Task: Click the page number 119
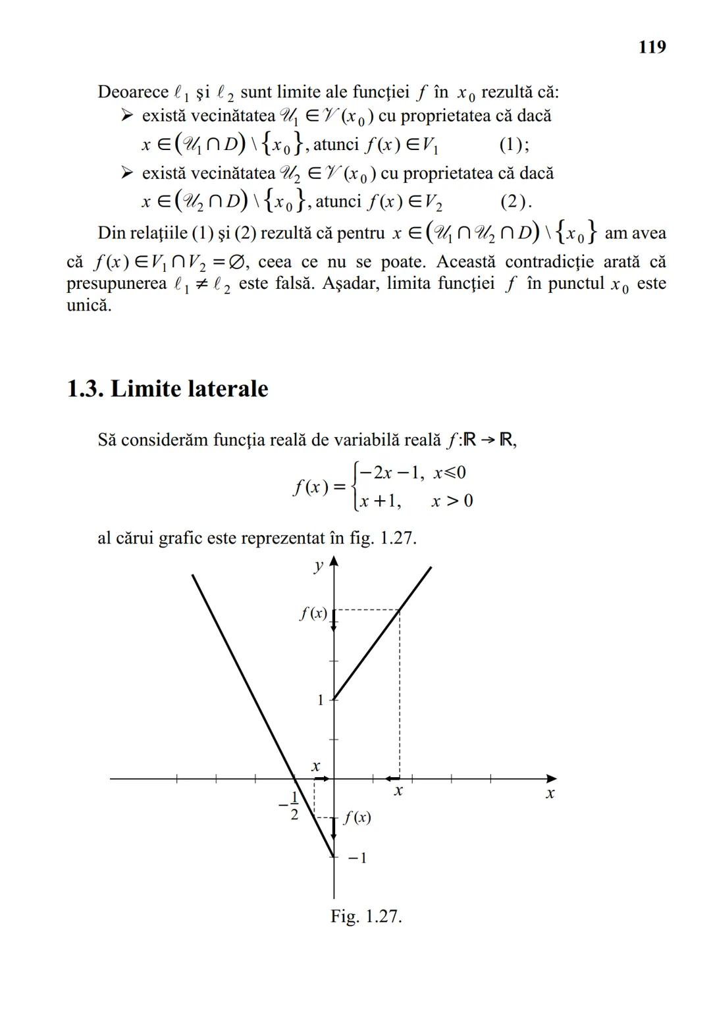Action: pos(652,47)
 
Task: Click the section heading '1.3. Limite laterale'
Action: pos(168,389)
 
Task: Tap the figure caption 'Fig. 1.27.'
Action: pos(366,916)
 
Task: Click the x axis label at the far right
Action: pos(550,794)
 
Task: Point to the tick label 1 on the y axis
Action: pos(321,700)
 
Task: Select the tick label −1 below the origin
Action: pos(357,858)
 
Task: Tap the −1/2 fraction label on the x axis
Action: pos(290,805)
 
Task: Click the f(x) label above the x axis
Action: pos(313,613)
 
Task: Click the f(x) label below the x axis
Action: pos(357,817)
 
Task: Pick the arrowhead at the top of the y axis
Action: pos(334,561)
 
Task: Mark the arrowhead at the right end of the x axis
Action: pos(551,779)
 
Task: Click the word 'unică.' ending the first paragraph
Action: pos(89,306)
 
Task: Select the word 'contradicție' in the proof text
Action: pos(541,262)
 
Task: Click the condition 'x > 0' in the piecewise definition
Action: pos(452,501)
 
